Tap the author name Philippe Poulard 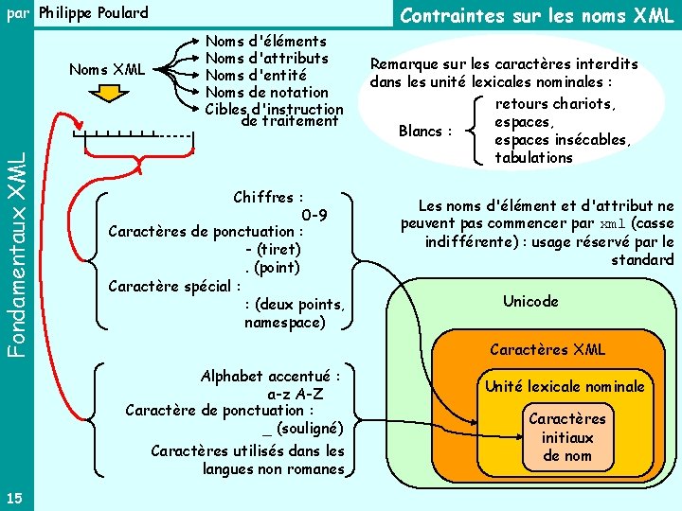tap(93, 13)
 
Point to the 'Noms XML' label tap(107, 69)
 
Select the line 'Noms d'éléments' tap(266, 42)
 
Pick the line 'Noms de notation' tap(266, 93)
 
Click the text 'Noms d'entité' tap(257, 76)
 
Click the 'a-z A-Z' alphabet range tap(296, 393)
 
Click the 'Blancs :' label tap(426, 131)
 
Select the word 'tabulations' tap(534, 158)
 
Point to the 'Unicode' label tap(530, 302)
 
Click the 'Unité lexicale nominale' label tap(565, 386)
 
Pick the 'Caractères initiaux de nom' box tap(566, 437)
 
